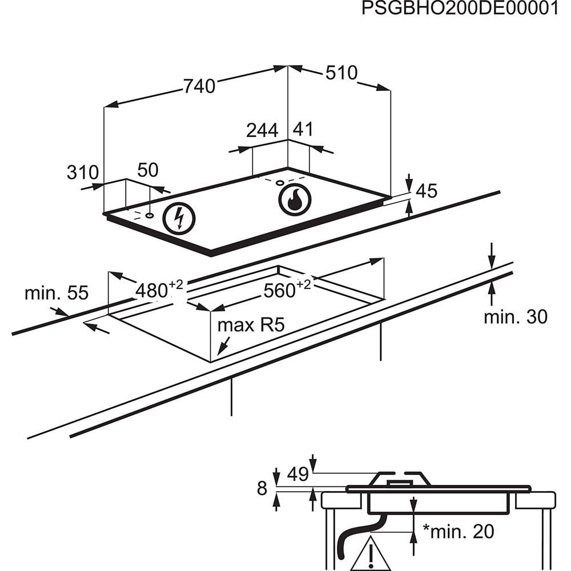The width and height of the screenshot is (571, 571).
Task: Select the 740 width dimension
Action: click(199, 86)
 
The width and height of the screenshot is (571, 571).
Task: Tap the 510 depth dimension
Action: click(341, 73)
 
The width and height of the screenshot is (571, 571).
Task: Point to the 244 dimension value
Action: click(262, 130)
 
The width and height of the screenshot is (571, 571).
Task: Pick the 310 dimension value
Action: click(83, 172)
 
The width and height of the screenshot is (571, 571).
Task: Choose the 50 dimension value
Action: click(148, 170)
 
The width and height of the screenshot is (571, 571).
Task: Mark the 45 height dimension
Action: click(426, 191)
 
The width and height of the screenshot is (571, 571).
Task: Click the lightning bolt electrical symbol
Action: click(179, 219)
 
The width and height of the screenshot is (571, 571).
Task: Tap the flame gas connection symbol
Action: click(295, 200)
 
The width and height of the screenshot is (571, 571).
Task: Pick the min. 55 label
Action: click(57, 293)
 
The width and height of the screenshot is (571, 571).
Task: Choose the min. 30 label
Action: click(516, 317)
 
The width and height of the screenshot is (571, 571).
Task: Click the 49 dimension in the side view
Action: click(297, 473)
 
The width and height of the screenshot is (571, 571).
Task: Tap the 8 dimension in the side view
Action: click(262, 489)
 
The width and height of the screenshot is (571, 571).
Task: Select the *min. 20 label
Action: click(457, 532)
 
